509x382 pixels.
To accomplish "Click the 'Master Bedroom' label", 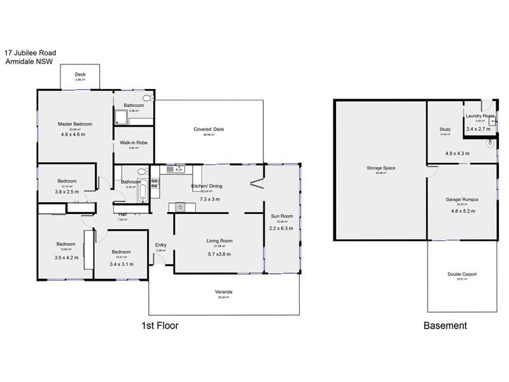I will (x=75, y=124).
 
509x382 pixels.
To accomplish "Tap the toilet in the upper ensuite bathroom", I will (x=148, y=98).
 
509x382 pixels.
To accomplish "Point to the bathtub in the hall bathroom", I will (x=143, y=190).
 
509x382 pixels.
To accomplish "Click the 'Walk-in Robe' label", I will (x=134, y=143).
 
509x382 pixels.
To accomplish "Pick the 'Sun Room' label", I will (x=281, y=216).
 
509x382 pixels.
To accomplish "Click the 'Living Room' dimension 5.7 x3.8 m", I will (x=219, y=254).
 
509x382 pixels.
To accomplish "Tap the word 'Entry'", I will (x=160, y=244).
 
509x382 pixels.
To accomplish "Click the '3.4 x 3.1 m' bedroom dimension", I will (x=122, y=264).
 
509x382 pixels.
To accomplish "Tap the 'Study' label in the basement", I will (x=445, y=129).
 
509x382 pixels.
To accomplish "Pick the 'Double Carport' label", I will (x=462, y=274).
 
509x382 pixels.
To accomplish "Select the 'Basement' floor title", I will (x=445, y=325).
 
